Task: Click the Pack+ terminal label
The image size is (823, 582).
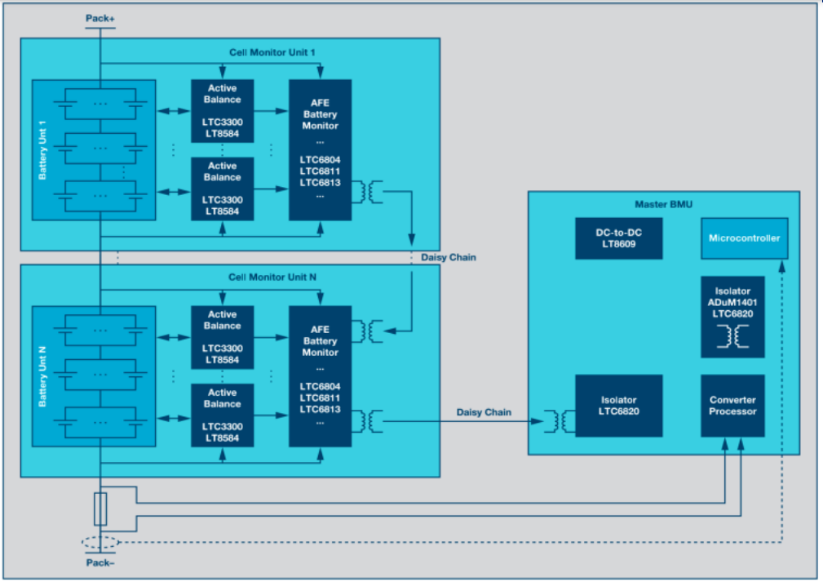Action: coord(100,17)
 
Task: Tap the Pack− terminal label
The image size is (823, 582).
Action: coord(100,562)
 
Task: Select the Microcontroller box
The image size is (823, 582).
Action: coord(745,238)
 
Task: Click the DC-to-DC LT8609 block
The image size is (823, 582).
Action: coord(618,238)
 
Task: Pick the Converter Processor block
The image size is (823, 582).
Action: coord(732,406)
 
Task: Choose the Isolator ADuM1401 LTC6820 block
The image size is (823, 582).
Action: coord(732,317)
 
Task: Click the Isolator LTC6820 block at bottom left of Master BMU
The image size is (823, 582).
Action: coord(618,406)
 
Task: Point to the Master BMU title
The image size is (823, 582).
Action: coord(663,204)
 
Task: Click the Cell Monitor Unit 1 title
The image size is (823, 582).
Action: coord(272,52)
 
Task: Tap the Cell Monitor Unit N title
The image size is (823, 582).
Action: coord(272,278)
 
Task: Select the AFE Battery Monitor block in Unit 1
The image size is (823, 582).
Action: coord(320,149)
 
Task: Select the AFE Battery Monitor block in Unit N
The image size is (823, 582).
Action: coord(320,376)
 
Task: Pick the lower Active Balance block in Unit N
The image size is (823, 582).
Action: coord(222,415)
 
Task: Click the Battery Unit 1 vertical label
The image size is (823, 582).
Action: coord(42,149)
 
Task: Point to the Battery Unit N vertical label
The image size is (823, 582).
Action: coord(42,376)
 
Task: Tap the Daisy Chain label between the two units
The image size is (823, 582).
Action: coord(449,258)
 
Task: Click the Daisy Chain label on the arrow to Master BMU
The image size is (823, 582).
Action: coord(485,412)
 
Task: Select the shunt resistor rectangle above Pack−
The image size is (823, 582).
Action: coord(100,509)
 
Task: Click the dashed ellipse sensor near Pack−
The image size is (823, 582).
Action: coord(100,542)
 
